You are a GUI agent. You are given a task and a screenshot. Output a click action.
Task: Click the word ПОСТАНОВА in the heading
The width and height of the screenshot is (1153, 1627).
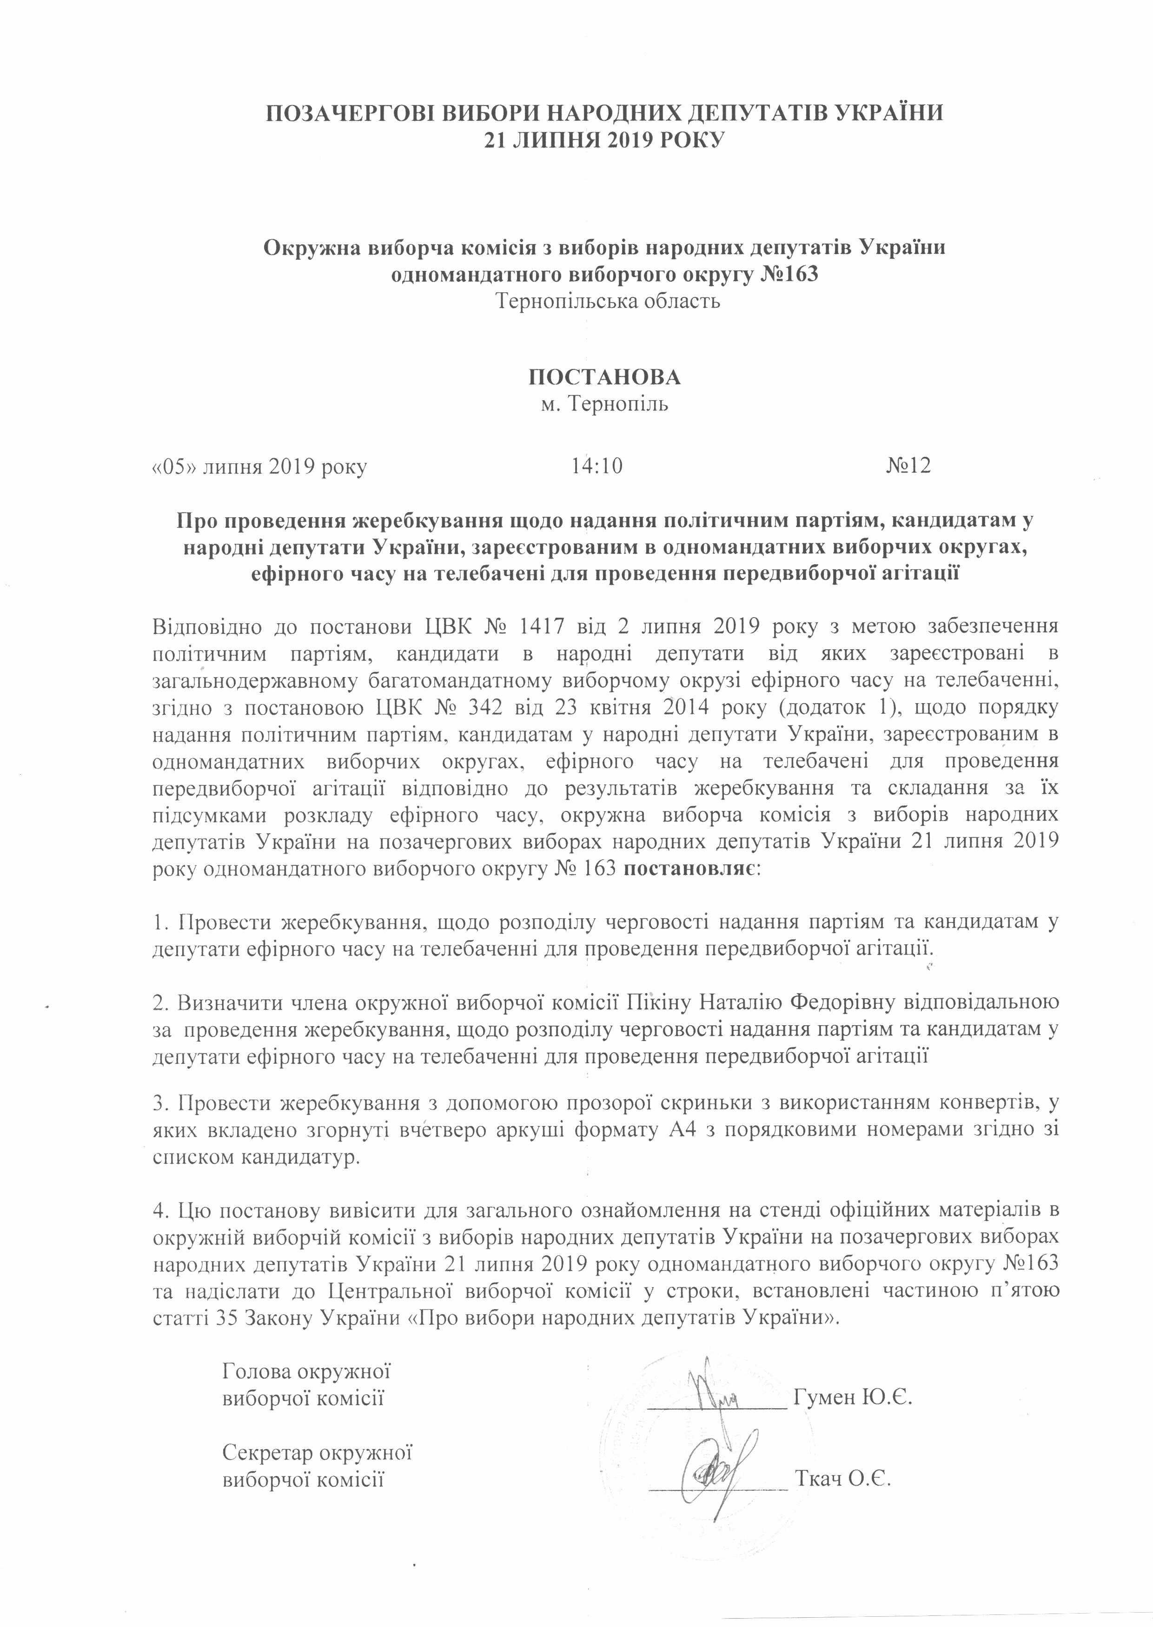[x=605, y=377]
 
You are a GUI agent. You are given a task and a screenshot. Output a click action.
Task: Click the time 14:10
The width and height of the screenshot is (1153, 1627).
[x=596, y=466]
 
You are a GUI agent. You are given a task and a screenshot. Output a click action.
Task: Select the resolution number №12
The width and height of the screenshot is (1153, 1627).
[x=909, y=466]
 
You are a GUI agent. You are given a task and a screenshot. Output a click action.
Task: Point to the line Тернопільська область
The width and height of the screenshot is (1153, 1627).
[x=609, y=301]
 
